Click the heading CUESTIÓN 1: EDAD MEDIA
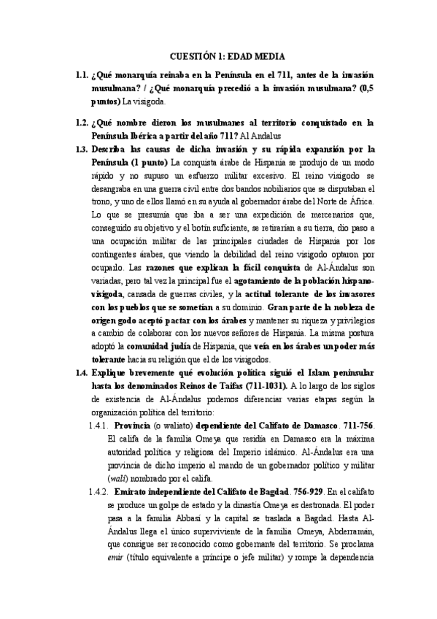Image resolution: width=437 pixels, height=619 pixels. (227, 56)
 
